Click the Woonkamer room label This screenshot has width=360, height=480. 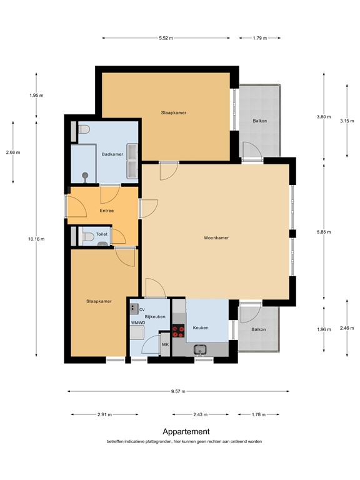coord(216,237)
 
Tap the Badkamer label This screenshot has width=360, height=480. coord(112,154)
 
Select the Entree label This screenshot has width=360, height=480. coord(106,211)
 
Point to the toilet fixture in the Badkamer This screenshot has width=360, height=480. coord(84,129)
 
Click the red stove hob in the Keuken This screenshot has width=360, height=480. coord(178,331)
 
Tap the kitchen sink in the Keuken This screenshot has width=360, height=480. coord(200,349)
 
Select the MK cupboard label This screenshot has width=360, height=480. coord(165,345)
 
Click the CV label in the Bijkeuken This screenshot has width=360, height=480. coord(142,310)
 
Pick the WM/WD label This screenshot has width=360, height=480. coord(138,322)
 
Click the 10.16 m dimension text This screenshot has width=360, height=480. coord(36,239)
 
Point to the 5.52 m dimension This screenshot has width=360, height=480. coord(166,38)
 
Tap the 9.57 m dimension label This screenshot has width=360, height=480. coord(178,391)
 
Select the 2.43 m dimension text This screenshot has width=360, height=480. coord(201,414)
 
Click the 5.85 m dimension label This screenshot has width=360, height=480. coord(324,232)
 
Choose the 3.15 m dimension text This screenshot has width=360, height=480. coord(347,121)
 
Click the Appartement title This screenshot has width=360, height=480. coord(186,432)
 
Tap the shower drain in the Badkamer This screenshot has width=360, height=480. coord(85,176)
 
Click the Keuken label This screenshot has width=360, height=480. coord(201,327)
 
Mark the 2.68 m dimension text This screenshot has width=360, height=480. coord(13,152)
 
